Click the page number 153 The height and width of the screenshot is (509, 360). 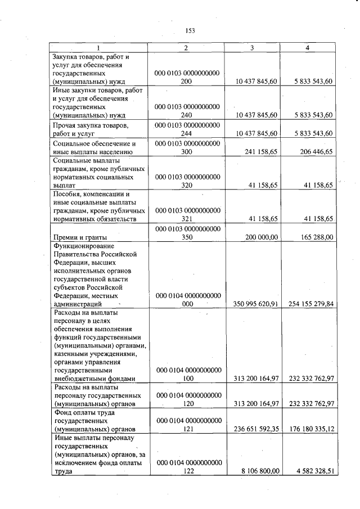click(x=190, y=31)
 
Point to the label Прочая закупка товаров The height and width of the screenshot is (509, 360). click(x=91, y=125)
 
